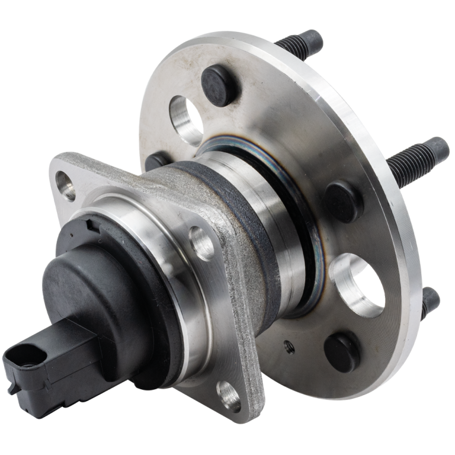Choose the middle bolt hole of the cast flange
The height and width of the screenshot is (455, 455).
point(201,241)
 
